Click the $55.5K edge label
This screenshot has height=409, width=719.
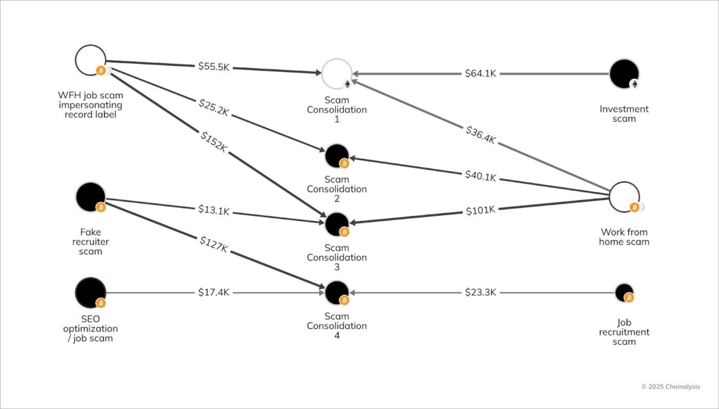(214, 66)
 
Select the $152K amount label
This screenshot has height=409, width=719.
(214, 142)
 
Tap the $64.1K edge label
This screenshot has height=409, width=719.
(481, 73)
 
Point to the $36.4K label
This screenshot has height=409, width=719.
(481, 135)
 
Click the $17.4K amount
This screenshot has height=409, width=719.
(214, 292)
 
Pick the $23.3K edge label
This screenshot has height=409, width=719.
(481, 292)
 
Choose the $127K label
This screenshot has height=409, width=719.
(214, 245)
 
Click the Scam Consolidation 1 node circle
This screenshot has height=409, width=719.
(336, 73)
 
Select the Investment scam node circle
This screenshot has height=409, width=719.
(624, 73)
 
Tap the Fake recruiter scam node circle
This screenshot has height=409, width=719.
(90, 196)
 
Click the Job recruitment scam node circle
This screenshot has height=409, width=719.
(624, 292)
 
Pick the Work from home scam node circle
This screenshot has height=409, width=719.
(624, 196)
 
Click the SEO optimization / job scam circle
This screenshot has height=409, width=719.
(90, 292)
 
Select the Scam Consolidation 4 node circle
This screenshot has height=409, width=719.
(337, 292)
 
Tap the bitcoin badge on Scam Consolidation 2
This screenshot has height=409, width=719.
(345, 163)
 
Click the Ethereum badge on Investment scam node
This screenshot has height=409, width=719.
(634, 84)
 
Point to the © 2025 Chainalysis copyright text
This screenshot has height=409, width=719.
(670, 387)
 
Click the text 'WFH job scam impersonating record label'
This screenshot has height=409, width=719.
(90, 105)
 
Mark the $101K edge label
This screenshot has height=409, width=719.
(481, 210)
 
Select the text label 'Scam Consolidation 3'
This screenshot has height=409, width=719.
(337, 257)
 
